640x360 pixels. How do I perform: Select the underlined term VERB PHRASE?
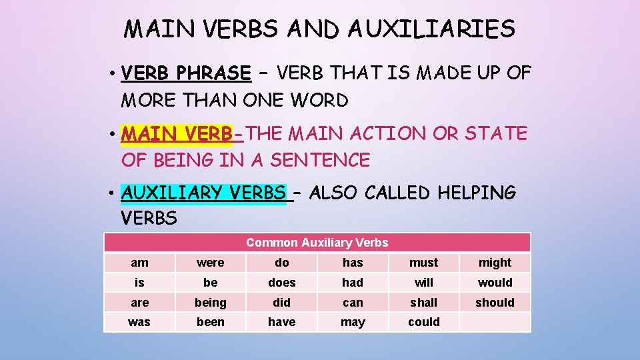pos(186,73)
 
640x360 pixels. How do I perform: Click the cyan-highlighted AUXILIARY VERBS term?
pos(203,193)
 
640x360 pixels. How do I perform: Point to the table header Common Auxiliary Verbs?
pos(317,243)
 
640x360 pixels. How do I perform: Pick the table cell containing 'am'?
pos(139,263)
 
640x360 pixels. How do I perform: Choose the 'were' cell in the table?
pos(211,263)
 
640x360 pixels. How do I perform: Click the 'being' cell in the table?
pos(211,303)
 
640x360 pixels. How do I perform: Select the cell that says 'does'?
pos(281,283)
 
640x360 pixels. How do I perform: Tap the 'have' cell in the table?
pos(281,322)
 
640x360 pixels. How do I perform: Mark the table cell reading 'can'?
pos(353,303)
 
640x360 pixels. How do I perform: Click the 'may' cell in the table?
pos(353,322)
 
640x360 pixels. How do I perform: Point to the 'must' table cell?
pos(424,263)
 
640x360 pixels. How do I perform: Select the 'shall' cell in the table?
pos(424,303)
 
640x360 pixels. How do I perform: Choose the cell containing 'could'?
pos(424,322)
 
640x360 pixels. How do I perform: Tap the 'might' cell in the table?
pos(495,263)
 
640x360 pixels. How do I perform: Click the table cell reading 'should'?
pos(495,303)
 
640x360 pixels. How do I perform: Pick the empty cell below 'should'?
pos(495,322)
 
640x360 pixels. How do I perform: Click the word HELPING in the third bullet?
pos(477,193)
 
